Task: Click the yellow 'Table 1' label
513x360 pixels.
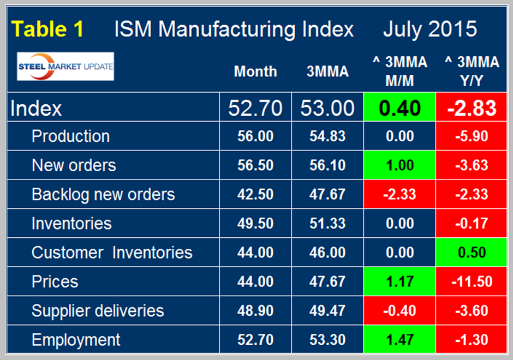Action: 48,29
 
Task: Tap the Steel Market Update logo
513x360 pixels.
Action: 65,66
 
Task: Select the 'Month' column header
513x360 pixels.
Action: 255,71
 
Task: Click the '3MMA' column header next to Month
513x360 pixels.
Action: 327,71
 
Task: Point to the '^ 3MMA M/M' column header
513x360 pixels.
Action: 399,71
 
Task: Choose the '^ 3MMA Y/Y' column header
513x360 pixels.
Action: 472,71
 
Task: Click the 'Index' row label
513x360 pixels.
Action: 37,108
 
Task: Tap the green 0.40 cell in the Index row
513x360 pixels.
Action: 399,108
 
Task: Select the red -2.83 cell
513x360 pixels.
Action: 472,108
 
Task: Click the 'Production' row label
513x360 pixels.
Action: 70,136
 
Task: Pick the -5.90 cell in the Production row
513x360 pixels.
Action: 472,136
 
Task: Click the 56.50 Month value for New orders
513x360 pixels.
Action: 255,165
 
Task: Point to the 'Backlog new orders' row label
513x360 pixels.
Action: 103,194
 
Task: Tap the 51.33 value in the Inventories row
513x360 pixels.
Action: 327,224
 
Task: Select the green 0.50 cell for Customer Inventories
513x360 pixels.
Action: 472,253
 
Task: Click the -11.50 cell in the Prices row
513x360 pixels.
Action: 472,281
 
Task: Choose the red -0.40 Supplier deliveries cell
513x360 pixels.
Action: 399,311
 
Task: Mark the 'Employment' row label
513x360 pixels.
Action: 76,340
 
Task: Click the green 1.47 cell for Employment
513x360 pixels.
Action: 399,340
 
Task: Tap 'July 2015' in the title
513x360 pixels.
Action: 430,29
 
